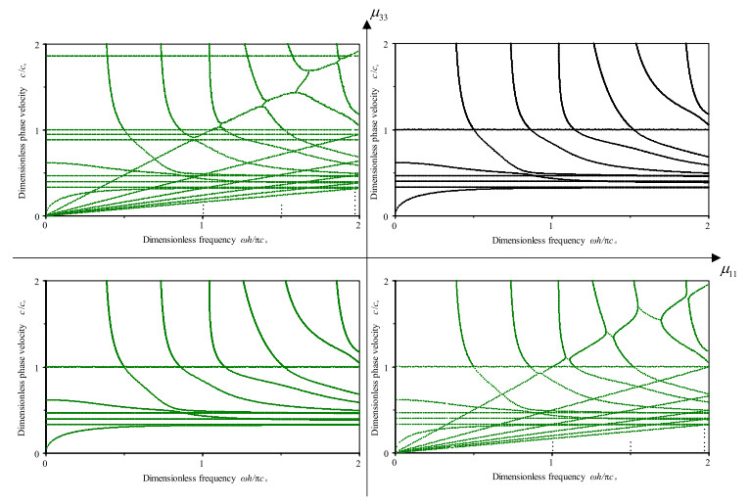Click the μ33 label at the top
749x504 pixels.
[x=379, y=14]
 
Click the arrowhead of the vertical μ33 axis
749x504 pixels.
[x=368, y=23]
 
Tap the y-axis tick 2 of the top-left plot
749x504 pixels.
[x=38, y=45]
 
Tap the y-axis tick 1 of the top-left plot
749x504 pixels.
[x=38, y=131]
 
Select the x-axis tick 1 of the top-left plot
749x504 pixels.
[x=202, y=224]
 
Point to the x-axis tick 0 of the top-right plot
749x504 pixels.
[x=395, y=224]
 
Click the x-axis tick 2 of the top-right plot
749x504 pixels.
[x=707, y=224]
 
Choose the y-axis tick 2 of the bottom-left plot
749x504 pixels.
[x=38, y=282]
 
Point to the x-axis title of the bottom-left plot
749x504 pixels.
[x=202, y=477]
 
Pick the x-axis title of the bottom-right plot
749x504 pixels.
[x=550, y=477]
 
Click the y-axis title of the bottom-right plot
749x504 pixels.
[x=374, y=367]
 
